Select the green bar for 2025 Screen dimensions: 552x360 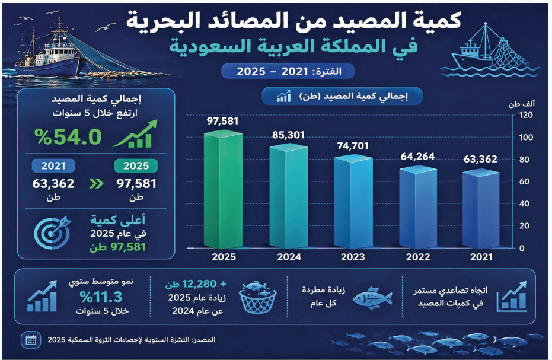223,189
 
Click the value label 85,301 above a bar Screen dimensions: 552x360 288,135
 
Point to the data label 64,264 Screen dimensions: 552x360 417,157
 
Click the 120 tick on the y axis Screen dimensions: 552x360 526,115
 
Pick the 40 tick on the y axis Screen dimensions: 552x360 524,203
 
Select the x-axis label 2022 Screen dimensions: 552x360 418,257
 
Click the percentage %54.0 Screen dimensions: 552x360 68,137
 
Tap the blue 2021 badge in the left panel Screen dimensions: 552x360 53,165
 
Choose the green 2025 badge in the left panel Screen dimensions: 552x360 136,165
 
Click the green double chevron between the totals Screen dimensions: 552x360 96,183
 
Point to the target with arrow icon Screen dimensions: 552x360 53,232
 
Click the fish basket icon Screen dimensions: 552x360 258,297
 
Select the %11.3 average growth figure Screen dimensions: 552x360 101,297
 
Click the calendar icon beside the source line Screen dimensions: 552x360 31,340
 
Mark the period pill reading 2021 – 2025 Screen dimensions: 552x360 288,71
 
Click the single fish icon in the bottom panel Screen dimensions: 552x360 372,298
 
